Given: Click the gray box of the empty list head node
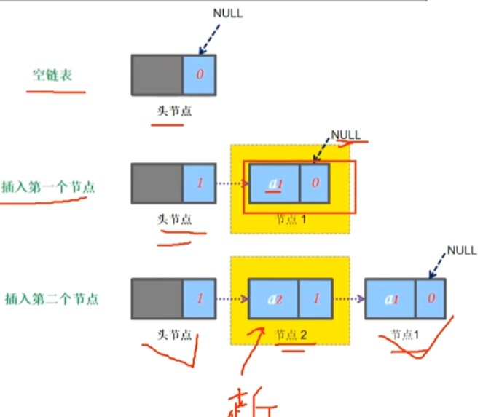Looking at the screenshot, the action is click(x=157, y=74).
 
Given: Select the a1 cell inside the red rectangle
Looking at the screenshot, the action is click(x=275, y=183).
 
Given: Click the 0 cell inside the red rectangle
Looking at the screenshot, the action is click(x=315, y=183).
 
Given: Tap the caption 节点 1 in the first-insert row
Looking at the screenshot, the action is click(x=291, y=218).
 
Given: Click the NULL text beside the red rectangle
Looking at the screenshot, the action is click(x=345, y=135).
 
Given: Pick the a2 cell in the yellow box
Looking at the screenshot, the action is click(x=275, y=298).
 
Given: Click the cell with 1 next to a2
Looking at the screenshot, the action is click(x=315, y=298).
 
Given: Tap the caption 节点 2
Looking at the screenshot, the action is click(x=291, y=335).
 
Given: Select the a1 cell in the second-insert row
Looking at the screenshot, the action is click(x=390, y=298).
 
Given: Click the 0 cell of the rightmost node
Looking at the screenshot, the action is click(x=430, y=298).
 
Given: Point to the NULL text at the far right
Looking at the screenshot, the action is click(x=461, y=250).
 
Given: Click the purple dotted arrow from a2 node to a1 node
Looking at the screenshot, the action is click(x=349, y=298).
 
